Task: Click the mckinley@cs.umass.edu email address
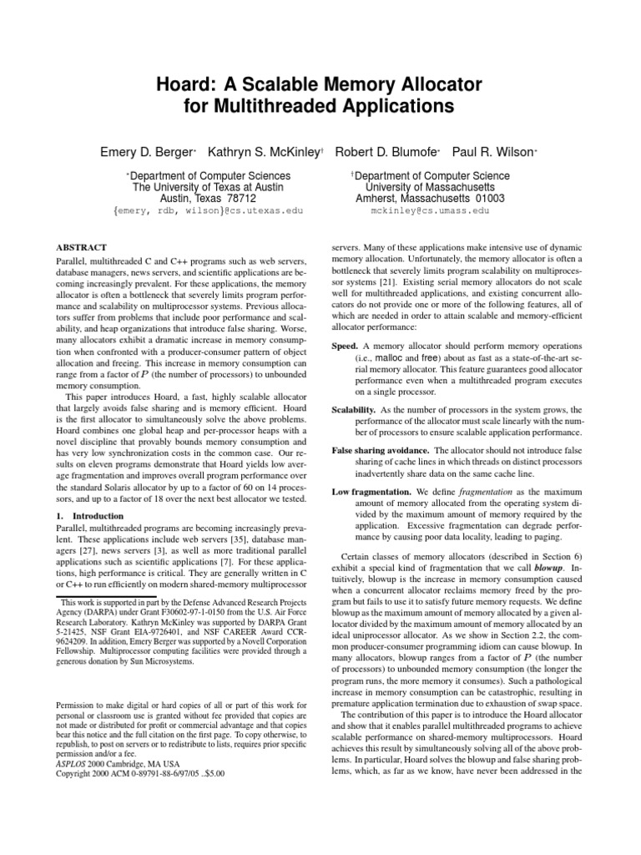(x=430, y=211)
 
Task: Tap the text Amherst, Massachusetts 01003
(x=430, y=199)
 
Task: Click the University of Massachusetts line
(x=430, y=187)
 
